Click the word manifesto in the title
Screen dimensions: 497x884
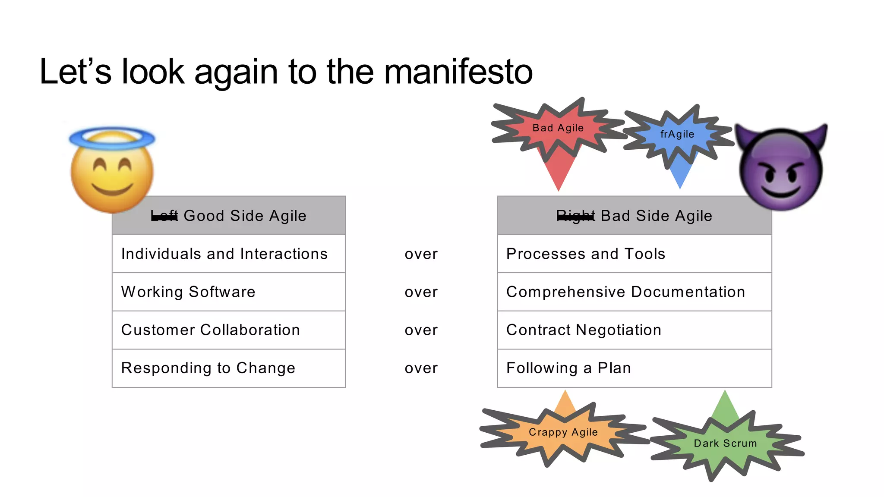(x=458, y=72)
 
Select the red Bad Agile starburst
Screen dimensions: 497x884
(x=558, y=129)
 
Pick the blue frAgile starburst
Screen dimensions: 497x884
(x=677, y=135)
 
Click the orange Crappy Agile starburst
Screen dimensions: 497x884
(x=563, y=433)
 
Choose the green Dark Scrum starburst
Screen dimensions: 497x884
(x=725, y=444)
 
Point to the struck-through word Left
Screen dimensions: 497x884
(x=164, y=216)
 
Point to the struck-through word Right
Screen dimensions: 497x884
(x=575, y=216)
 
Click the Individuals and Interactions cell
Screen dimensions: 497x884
(x=224, y=254)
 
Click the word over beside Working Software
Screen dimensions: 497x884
(x=421, y=293)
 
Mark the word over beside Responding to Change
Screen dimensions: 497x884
(x=421, y=368)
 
